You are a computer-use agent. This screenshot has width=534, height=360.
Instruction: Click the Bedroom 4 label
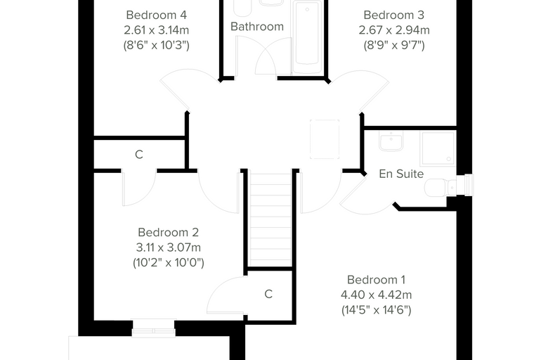(x=156, y=15)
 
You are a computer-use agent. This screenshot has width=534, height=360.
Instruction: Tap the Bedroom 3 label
(x=394, y=15)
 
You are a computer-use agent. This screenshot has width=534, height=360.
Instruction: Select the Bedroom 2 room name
(x=168, y=232)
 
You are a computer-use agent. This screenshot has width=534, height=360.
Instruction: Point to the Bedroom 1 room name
(x=377, y=280)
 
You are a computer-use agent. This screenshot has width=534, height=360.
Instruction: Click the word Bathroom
(x=257, y=26)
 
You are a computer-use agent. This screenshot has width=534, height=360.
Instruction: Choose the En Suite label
(x=401, y=174)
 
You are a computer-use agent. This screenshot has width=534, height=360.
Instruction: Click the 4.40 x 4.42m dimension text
(x=377, y=295)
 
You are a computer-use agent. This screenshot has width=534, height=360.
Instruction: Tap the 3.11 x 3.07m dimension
(x=168, y=247)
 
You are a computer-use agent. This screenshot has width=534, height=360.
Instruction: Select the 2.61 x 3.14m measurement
(x=156, y=30)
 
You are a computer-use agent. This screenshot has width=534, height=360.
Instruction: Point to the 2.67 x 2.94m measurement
(x=394, y=30)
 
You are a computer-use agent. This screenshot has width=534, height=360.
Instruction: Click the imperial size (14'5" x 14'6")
(x=377, y=310)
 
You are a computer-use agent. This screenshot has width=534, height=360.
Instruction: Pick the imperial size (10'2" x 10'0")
(x=168, y=262)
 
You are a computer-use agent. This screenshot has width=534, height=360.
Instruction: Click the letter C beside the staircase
(x=268, y=294)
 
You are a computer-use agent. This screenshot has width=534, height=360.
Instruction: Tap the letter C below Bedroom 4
(x=139, y=155)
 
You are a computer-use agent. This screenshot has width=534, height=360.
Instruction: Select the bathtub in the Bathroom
(x=308, y=37)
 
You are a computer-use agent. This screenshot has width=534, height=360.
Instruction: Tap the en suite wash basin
(x=391, y=141)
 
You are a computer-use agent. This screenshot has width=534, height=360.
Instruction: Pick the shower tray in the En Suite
(x=438, y=148)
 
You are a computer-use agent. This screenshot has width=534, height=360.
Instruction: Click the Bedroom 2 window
(x=154, y=328)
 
